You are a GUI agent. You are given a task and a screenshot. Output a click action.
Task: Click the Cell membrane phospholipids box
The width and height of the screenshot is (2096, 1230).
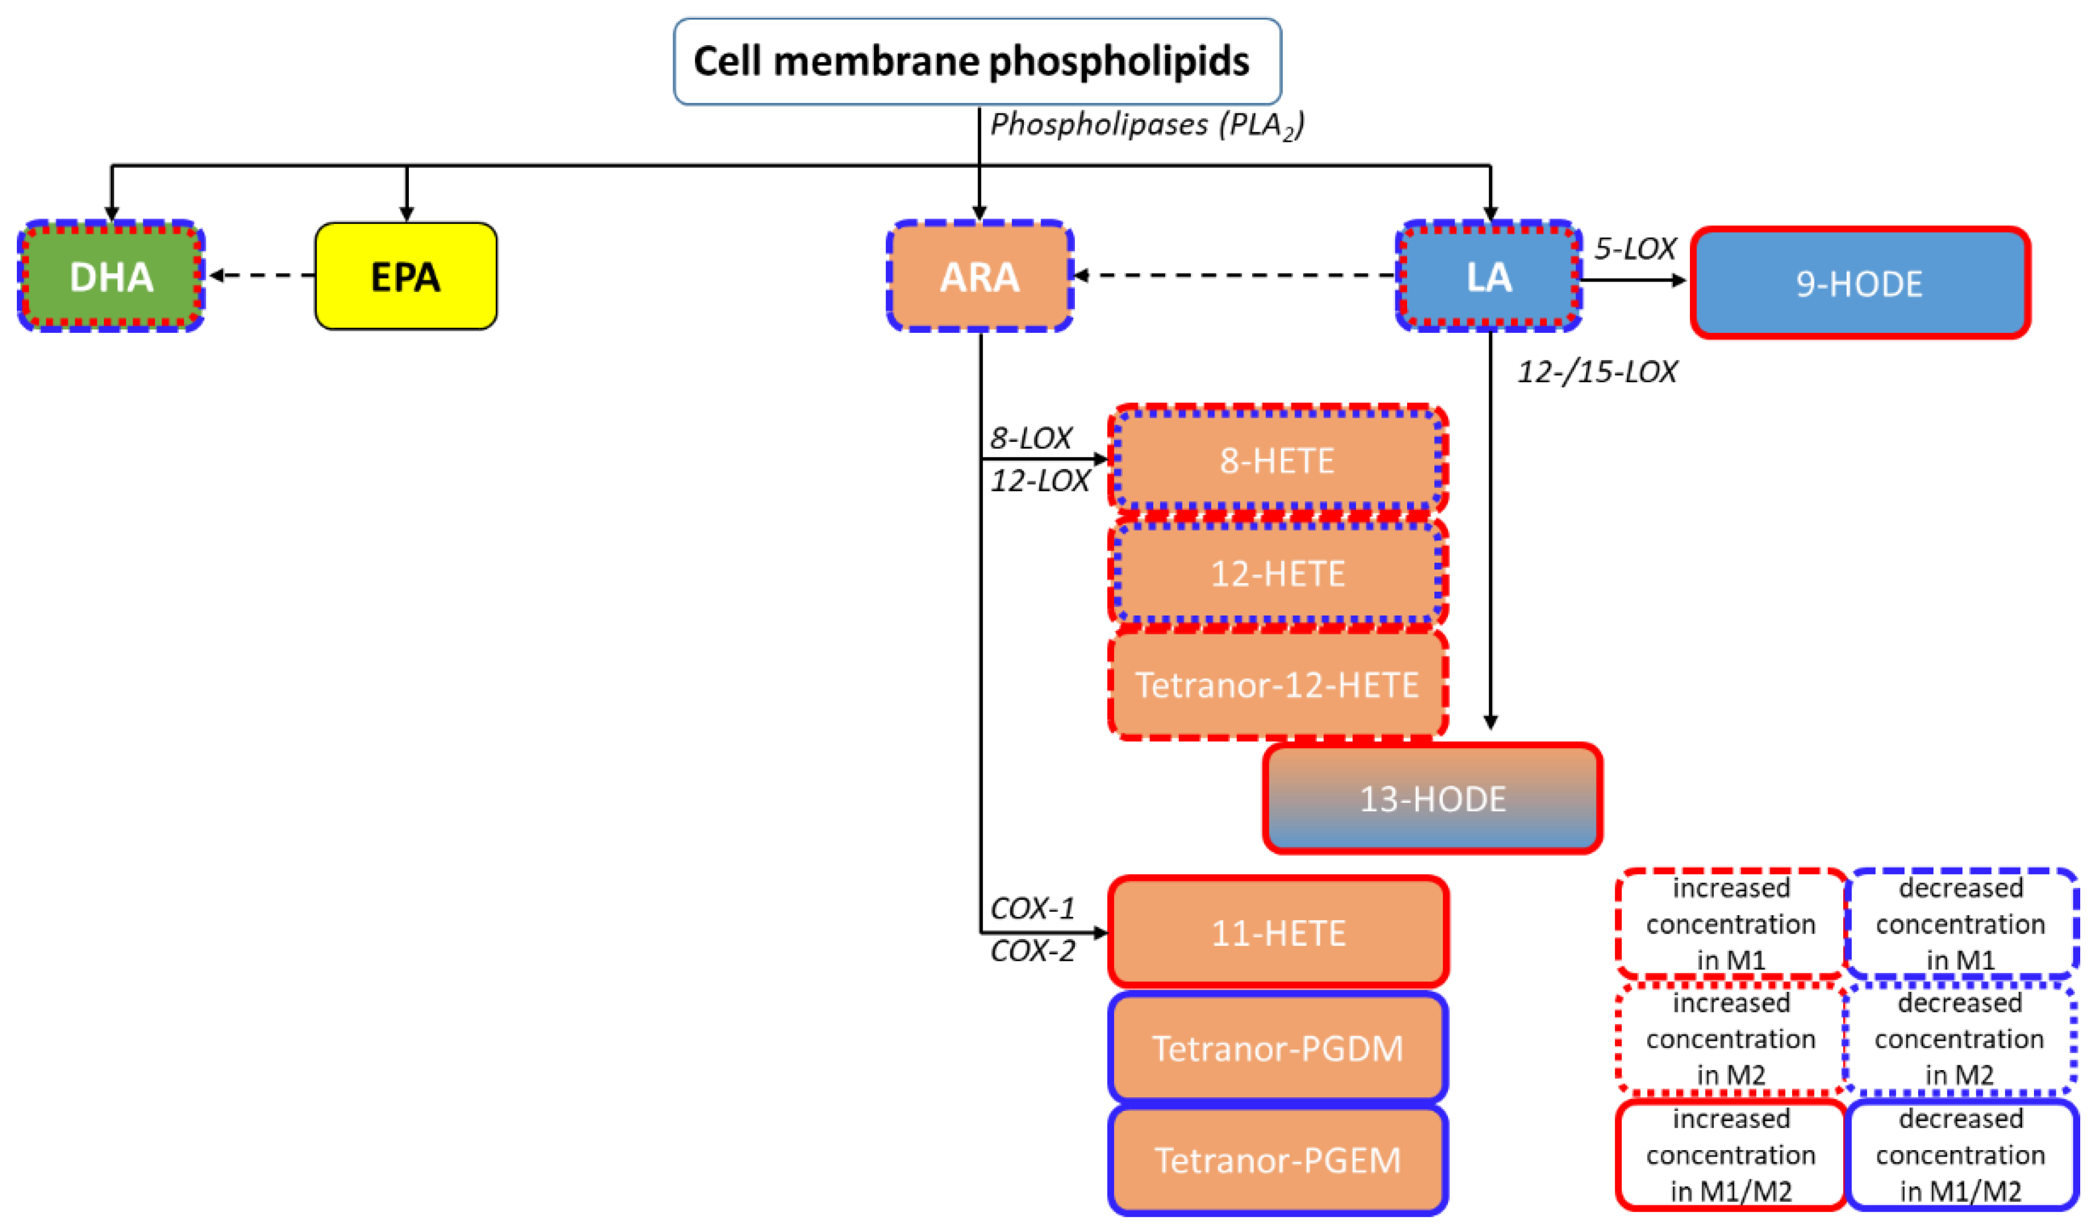977,61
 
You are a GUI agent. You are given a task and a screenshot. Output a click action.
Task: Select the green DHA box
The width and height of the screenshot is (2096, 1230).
111,276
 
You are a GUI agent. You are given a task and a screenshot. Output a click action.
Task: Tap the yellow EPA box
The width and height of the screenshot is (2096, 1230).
406,276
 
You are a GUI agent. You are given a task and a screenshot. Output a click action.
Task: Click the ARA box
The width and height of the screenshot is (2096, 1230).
980,276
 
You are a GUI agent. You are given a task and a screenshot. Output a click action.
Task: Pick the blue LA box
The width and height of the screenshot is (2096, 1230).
1488,276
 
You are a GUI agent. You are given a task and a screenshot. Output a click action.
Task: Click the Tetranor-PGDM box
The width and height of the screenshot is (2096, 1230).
1278,1048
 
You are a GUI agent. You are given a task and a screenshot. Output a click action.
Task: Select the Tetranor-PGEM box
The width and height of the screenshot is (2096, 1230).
1278,1160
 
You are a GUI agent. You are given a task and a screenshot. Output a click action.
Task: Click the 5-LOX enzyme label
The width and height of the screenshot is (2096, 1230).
1634,249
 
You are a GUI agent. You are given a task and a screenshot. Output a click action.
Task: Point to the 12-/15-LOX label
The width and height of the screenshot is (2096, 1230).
1597,372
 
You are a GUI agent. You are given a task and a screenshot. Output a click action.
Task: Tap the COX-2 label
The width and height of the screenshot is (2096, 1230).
1032,951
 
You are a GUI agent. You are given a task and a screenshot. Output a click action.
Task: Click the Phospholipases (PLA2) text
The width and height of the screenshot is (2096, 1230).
1146,125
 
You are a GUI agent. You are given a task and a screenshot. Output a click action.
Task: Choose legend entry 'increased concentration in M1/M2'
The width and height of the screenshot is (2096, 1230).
1730,1155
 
